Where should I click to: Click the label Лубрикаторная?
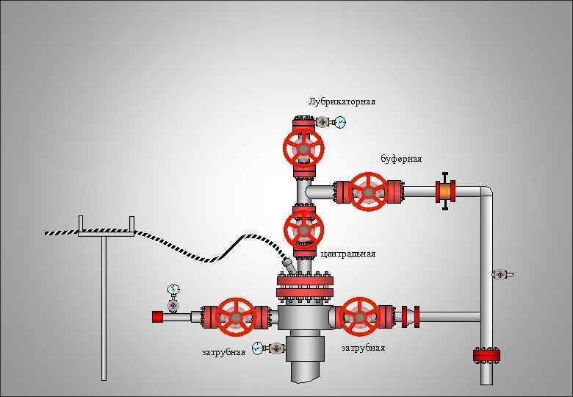pyautogui.click(x=342, y=101)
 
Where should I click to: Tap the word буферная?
pyautogui.click(x=401, y=159)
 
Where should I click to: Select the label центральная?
pyautogui.click(x=348, y=254)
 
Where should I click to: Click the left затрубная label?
pyautogui.click(x=223, y=352)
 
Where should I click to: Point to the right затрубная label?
pyautogui.click(x=363, y=348)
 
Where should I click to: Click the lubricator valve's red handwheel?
pyautogui.click(x=303, y=148)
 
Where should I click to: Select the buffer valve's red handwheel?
pyautogui.click(x=367, y=191)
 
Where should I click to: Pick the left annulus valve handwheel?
pyautogui.click(x=236, y=317)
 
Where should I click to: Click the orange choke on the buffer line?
pyautogui.click(x=444, y=191)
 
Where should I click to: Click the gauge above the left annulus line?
pyautogui.click(x=173, y=290)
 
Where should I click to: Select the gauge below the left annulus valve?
pyautogui.click(x=257, y=348)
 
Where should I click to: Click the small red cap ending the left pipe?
pyautogui.click(x=157, y=317)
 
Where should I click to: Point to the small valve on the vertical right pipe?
pyautogui.click(x=501, y=274)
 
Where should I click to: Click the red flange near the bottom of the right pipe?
pyautogui.click(x=486, y=356)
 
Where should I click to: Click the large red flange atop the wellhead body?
pyautogui.click(x=304, y=287)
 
